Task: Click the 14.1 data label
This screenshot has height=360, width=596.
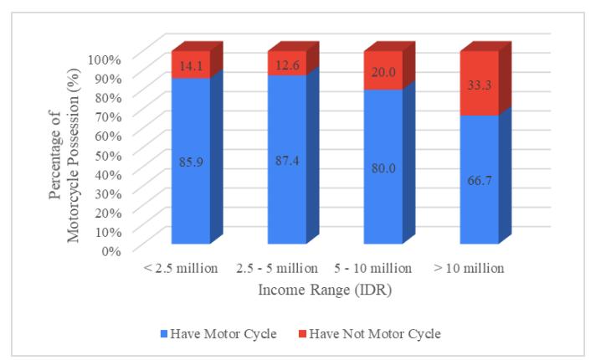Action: [x=191, y=66]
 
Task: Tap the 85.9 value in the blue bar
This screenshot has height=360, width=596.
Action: [x=191, y=162]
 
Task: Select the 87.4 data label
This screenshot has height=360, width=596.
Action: [x=287, y=161]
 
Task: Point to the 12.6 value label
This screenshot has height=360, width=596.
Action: [x=287, y=65]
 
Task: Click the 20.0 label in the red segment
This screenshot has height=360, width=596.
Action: [x=383, y=72]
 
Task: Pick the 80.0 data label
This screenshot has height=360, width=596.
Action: [x=383, y=167]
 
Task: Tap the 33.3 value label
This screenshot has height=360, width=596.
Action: [x=480, y=85]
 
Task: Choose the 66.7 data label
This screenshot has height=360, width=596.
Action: [x=480, y=180]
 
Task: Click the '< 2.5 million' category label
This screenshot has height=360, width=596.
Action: [x=181, y=269]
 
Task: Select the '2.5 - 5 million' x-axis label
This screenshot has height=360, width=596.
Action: [x=277, y=269]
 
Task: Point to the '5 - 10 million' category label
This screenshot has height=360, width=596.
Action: [x=372, y=269]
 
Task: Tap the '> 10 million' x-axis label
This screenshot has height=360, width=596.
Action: [x=469, y=269]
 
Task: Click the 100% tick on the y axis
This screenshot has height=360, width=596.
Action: [x=104, y=59]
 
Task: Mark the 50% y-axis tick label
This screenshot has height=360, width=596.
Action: [x=108, y=155]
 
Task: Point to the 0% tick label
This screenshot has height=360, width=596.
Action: [x=111, y=251]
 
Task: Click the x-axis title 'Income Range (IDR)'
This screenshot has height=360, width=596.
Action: [x=325, y=290]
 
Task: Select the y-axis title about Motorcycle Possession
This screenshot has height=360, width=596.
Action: [x=64, y=155]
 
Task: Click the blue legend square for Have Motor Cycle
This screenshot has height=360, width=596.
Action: [x=164, y=334]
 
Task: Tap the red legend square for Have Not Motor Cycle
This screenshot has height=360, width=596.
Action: [x=302, y=334]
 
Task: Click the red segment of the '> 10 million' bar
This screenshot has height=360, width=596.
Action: [x=480, y=83]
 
